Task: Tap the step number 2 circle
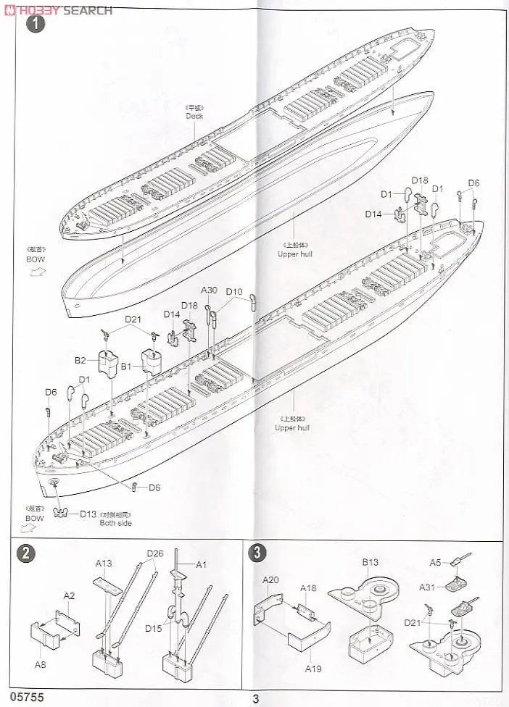click(25, 553)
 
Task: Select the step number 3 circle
click(257, 553)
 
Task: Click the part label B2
click(80, 360)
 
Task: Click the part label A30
click(209, 290)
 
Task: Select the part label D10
click(234, 292)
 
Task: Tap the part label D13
click(88, 514)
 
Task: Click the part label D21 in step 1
click(133, 318)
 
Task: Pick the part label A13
click(104, 564)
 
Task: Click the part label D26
click(156, 554)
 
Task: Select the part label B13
click(371, 561)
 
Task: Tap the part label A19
click(313, 669)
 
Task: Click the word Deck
click(194, 116)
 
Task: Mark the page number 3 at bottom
click(256, 699)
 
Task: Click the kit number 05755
click(22, 698)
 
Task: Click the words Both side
click(116, 523)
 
